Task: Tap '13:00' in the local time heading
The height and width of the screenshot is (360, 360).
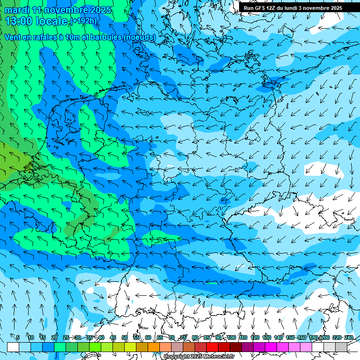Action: [19, 21]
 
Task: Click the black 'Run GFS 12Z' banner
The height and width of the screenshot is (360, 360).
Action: [299, 8]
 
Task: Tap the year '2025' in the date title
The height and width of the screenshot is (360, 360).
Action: [100, 10]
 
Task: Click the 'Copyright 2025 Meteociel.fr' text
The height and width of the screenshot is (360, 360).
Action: [199, 357]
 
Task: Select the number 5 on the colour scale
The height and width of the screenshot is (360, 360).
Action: [18, 337]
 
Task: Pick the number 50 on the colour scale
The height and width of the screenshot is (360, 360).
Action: [125, 337]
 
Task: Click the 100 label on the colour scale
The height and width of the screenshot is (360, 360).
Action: [232, 337]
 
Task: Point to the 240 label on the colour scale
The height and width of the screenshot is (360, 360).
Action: [348, 337]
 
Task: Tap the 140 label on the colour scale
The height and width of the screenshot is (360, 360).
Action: [278, 337]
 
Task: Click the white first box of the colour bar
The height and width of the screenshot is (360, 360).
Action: [13, 347]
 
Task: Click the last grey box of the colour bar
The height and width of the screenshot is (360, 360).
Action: [341, 347]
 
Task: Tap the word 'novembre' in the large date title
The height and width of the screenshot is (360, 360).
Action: [65, 10]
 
